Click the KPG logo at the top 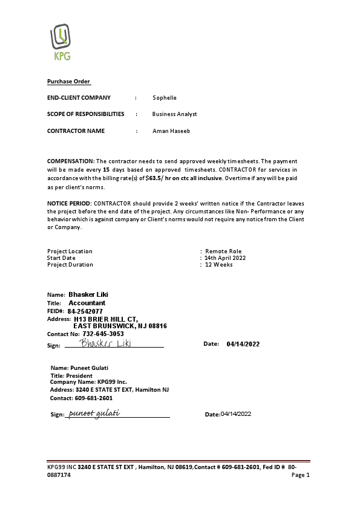point(61,43)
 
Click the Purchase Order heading point(68,82)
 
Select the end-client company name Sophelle point(165,97)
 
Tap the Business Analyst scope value point(174,114)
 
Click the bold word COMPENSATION point(70,161)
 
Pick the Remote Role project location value point(223,251)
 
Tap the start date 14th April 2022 point(225,258)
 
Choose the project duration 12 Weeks point(218,265)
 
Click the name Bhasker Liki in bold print point(88,294)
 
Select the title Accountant point(87,303)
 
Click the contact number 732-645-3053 point(103,334)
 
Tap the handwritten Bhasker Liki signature point(106,343)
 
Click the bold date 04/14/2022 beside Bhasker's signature point(243,344)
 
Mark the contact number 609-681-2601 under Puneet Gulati point(93,398)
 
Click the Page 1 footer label point(300,475)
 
